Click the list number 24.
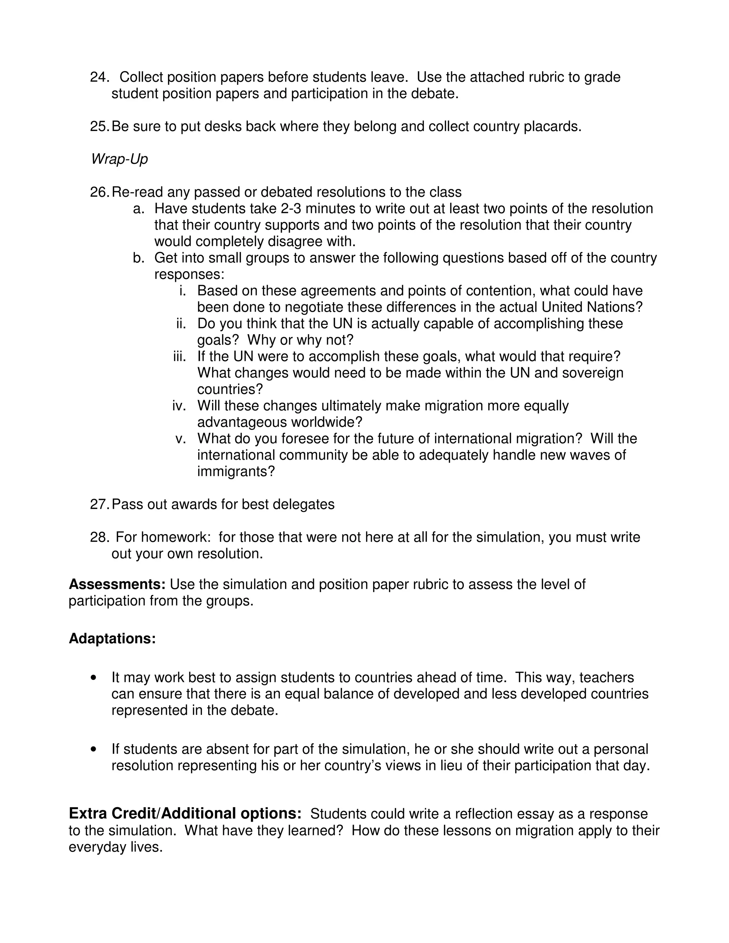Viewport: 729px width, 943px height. coord(99,77)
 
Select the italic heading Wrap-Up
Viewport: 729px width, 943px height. coord(119,159)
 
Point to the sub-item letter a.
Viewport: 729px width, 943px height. coord(138,209)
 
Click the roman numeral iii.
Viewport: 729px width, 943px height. coord(179,357)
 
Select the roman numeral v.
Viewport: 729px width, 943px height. coord(180,439)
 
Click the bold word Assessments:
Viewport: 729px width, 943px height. coord(117,584)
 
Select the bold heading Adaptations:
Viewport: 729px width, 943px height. coord(112,638)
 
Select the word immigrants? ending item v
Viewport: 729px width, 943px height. coord(236,471)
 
